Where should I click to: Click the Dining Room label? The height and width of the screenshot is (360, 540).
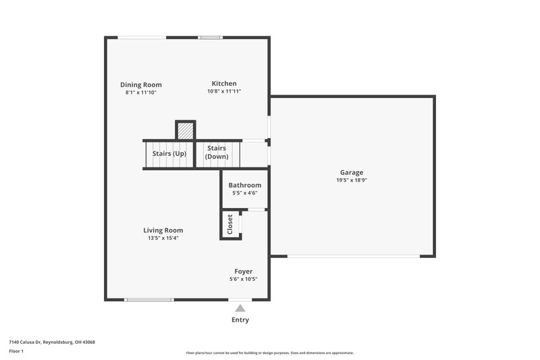(141, 84)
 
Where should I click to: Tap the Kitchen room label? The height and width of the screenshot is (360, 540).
(223, 83)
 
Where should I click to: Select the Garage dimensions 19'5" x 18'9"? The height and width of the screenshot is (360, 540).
(351, 180)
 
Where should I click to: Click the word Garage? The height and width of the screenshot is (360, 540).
(351, 172)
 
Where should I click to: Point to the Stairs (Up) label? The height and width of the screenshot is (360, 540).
(169, 153)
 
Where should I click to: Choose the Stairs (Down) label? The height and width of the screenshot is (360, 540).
(217, 152)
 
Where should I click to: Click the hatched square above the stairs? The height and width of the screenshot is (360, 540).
(185, 130)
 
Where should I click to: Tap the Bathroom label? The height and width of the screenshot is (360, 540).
(244, 185)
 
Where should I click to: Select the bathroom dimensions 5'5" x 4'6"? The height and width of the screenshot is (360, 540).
(244, 192)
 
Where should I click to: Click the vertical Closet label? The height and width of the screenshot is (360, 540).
(230, 224)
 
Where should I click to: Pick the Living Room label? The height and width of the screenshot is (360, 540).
(163, 230)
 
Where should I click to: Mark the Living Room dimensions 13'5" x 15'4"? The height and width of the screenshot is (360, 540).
(163, 238)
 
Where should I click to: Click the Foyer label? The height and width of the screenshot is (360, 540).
(244, 271)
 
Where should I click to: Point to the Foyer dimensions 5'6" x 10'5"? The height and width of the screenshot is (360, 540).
(244, 279)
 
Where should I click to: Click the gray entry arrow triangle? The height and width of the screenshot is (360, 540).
(240, 308)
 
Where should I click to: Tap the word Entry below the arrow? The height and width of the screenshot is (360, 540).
(240, 319)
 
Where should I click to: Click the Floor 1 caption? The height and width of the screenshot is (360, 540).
(16, 352)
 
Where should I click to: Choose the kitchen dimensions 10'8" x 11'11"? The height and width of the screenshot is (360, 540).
(223, 91)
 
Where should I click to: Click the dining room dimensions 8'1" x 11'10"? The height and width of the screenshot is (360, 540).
(141, 93)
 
